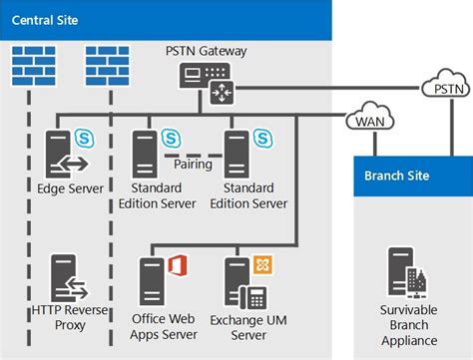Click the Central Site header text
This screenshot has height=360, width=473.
pyautogui.click(x=47, y=18)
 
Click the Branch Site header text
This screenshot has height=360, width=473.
pyautogui.click(x=398, y=176)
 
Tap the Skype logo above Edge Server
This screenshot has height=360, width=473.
pyautogui.click(x=84, y=137)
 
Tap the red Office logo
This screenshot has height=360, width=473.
pyautogui.click(x=179, y=265)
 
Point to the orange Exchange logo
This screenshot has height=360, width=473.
pyautogui.click(x=263, y=264)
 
